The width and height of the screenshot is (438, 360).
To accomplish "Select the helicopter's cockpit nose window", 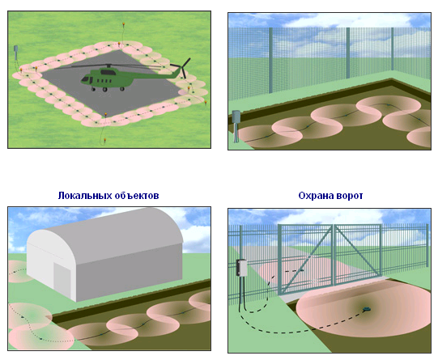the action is click(x=86, y=79).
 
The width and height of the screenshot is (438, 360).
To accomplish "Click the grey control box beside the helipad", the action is click(x=16, y=49).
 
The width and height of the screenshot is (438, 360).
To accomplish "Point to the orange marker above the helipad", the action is click(x=123, y=25).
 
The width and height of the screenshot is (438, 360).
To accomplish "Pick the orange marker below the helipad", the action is click(x=104, y=139).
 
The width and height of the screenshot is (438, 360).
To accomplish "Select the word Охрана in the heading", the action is click(x=316, y=196).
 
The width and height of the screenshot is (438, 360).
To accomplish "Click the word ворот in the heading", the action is click(x=350, y=196).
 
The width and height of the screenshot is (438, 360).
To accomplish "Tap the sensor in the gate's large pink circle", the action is click(x=366, y=309).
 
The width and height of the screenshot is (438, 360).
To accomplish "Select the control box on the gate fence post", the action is click(x=241, y=268).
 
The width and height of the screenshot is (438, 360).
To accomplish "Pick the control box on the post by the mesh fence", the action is click(x=236, y=116).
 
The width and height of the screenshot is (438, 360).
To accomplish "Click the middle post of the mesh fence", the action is click(x=348, y=53).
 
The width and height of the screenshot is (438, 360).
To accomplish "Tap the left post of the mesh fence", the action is click(x=270, y=61).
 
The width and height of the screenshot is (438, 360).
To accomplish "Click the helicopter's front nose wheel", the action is click(x=93, y=89).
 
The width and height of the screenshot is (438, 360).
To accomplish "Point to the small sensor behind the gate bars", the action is click(x=301, y=270).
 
